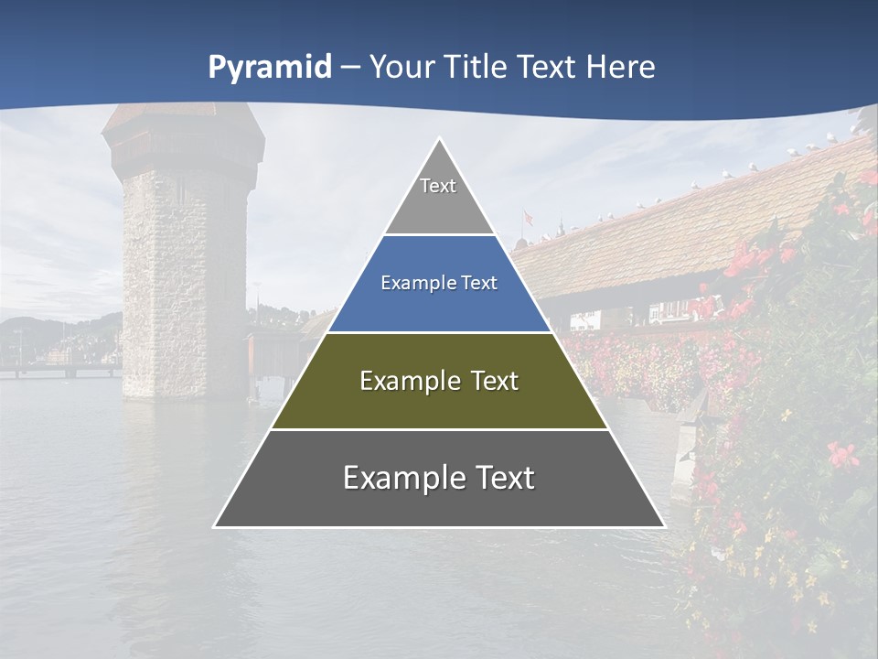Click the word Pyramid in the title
coord(269,68)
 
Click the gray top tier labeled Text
coord(438,197)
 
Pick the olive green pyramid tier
coord(439,403)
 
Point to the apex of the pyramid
coord(439,140)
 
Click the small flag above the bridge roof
coord(527,218)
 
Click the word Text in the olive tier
coord(495,381)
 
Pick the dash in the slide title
coord(350,68)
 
